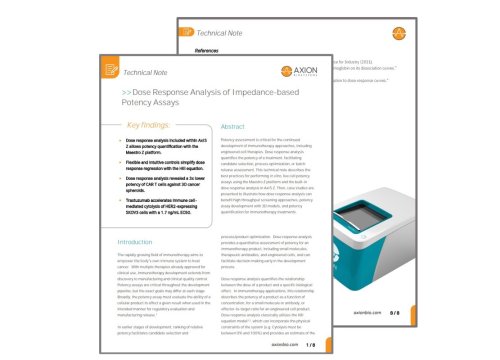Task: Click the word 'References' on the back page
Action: point(207,49)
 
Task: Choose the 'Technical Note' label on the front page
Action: point(150,72)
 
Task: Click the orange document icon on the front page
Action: point(115,72)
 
